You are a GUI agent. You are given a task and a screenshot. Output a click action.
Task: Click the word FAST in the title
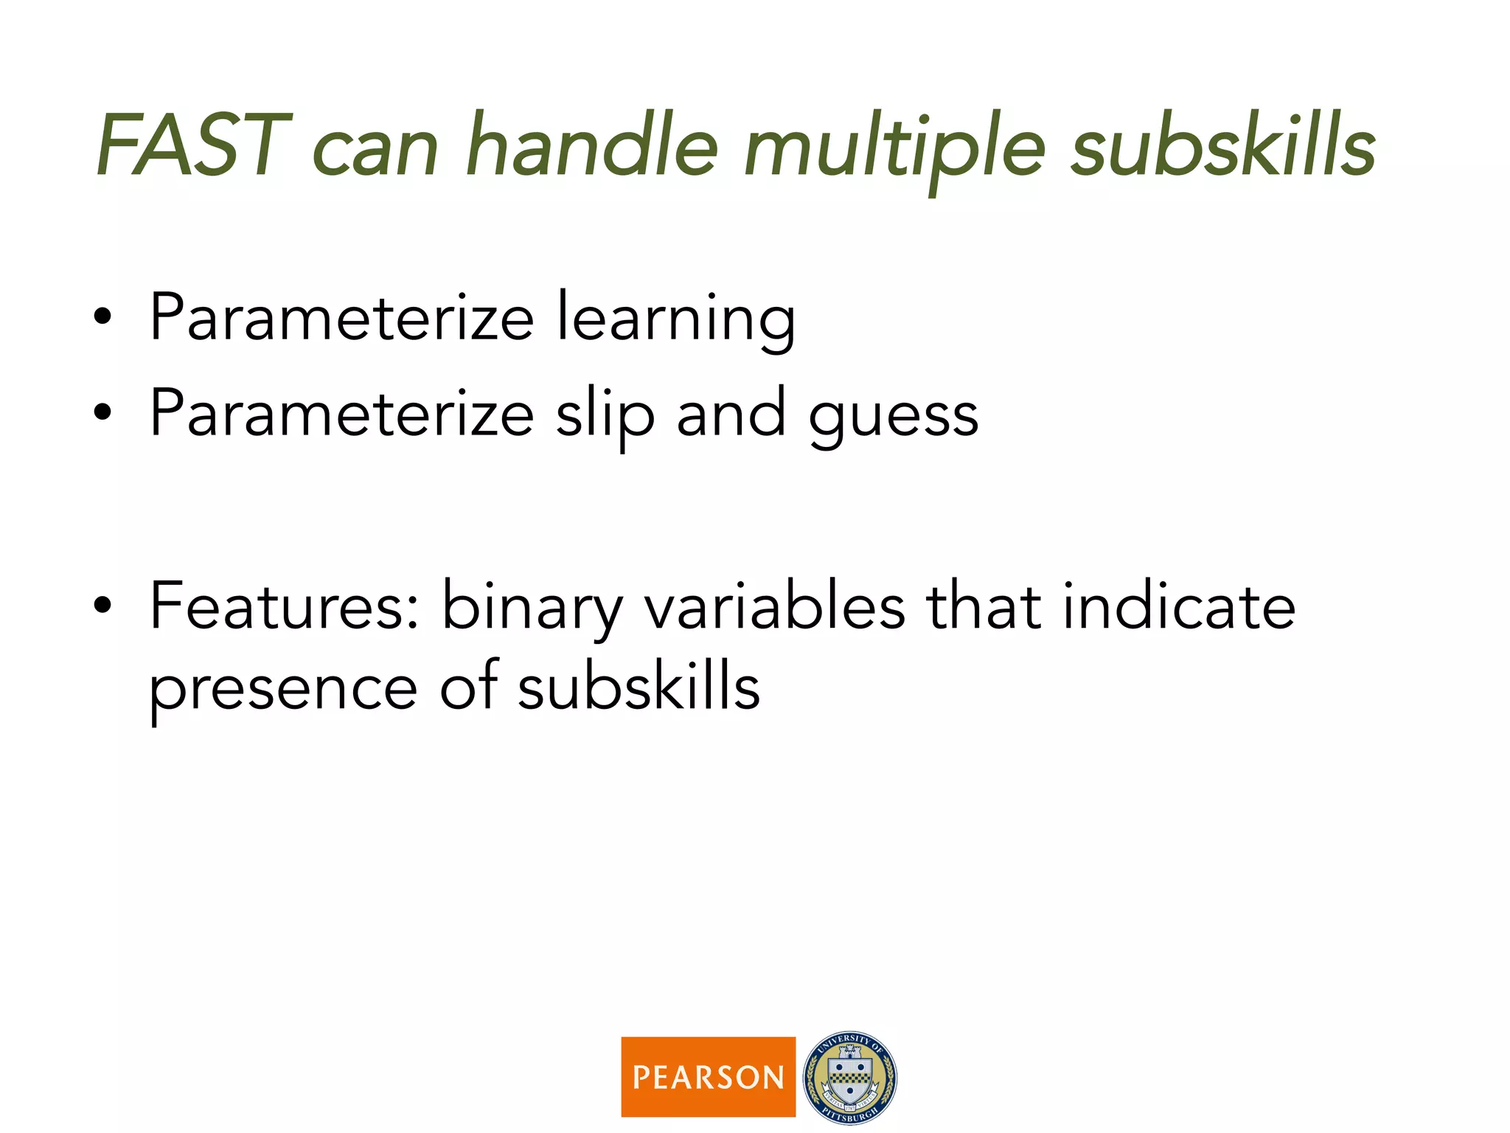point(193,145)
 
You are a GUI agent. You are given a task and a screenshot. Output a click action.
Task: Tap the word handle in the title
point(592,145)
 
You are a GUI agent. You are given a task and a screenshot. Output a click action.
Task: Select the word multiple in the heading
point(894,148)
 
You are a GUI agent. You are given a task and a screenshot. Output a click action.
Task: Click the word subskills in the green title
point(1223,145)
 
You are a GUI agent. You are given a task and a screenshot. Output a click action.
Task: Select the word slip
point(605,417)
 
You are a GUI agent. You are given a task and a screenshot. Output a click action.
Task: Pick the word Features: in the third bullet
point(284,606)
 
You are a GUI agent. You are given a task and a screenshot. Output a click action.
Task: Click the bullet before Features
point(102,606)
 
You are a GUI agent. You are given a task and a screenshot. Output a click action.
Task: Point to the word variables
point(774,606)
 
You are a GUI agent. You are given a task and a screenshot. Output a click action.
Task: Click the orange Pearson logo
point(708,1076)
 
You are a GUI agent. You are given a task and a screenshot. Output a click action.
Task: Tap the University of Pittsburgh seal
point(850,1078)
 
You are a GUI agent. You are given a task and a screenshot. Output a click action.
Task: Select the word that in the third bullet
point(984,606)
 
